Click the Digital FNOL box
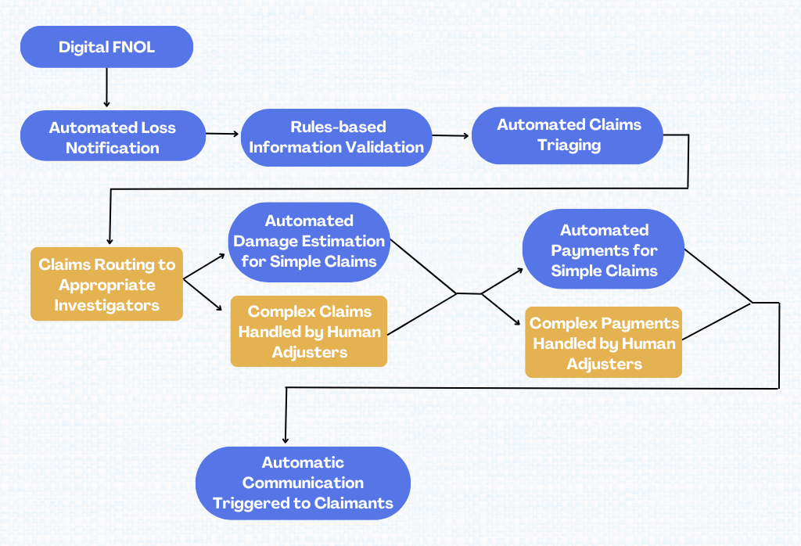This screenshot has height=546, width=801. point(106,47)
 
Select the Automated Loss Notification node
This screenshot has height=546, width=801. point(112,138)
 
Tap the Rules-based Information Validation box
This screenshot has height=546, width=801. point(336,137)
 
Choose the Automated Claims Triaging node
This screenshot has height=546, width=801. point(568,135)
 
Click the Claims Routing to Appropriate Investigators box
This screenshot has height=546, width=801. point(106,285)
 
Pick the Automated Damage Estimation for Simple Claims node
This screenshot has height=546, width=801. point(308,241)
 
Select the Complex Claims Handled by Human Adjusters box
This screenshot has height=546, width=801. point(309,332)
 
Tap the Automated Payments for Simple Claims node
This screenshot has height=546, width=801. point(604,251)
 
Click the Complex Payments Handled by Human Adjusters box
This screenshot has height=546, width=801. point(604,343)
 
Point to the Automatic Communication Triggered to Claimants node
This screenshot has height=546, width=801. point(303,483)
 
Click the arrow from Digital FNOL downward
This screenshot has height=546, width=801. point(106,87)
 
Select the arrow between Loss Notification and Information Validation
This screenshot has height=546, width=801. point(222,134)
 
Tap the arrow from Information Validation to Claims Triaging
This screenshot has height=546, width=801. point(451,135)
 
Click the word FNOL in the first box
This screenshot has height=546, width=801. point(132,47)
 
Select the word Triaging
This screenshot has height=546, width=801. point(569,145)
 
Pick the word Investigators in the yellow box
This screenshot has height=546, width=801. point(106,305)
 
